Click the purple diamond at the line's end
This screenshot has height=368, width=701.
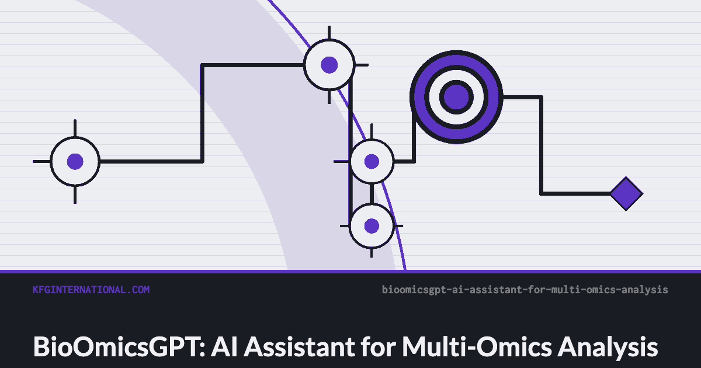(626, 194)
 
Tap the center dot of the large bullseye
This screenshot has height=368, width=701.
(457, 98)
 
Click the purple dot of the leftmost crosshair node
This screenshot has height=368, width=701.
(75, 161)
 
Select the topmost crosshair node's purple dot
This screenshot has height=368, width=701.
(329, 65)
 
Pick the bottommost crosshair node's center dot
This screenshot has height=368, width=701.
(372, 226)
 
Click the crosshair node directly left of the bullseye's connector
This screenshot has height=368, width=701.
(372, 161)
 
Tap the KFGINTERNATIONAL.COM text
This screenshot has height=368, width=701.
(91, 290)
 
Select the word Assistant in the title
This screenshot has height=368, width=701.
(299, 347)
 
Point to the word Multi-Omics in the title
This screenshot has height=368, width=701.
(477, 347)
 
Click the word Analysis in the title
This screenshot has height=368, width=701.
(608, 347)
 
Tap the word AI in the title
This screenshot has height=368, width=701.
(224, 347)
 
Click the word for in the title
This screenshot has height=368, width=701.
(378, 347)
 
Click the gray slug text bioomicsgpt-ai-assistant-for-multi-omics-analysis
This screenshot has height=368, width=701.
(525, 290)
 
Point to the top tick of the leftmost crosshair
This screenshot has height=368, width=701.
(75, 128)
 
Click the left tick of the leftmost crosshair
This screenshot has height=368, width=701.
(41, 161)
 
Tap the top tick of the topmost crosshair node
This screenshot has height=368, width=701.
(329, 33)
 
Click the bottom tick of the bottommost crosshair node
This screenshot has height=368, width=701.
(372, 253)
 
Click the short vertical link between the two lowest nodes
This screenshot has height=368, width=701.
(372, 193)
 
